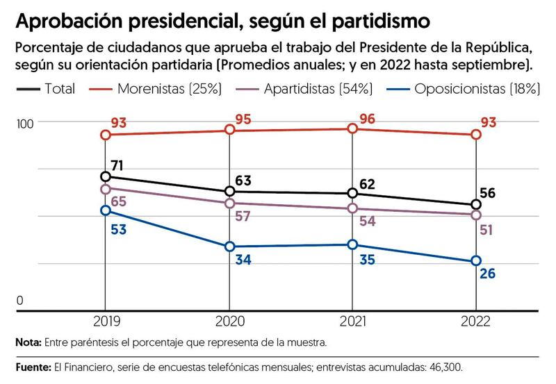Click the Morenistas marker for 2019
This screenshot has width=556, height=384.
coord(105,135)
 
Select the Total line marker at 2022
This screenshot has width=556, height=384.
coord(476,205)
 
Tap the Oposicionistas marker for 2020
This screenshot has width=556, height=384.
coord(229,247)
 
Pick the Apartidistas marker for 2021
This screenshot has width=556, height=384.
coord(352,208)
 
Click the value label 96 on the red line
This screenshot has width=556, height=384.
coord(368,119)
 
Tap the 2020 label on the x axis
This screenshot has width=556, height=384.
coord(229,322)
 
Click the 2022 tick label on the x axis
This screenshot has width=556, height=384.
coord(476,322)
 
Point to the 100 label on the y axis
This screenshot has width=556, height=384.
coord(25,123)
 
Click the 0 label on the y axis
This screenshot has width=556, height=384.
coord(19,301)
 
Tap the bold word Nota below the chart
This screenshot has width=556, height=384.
coord(27,343)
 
